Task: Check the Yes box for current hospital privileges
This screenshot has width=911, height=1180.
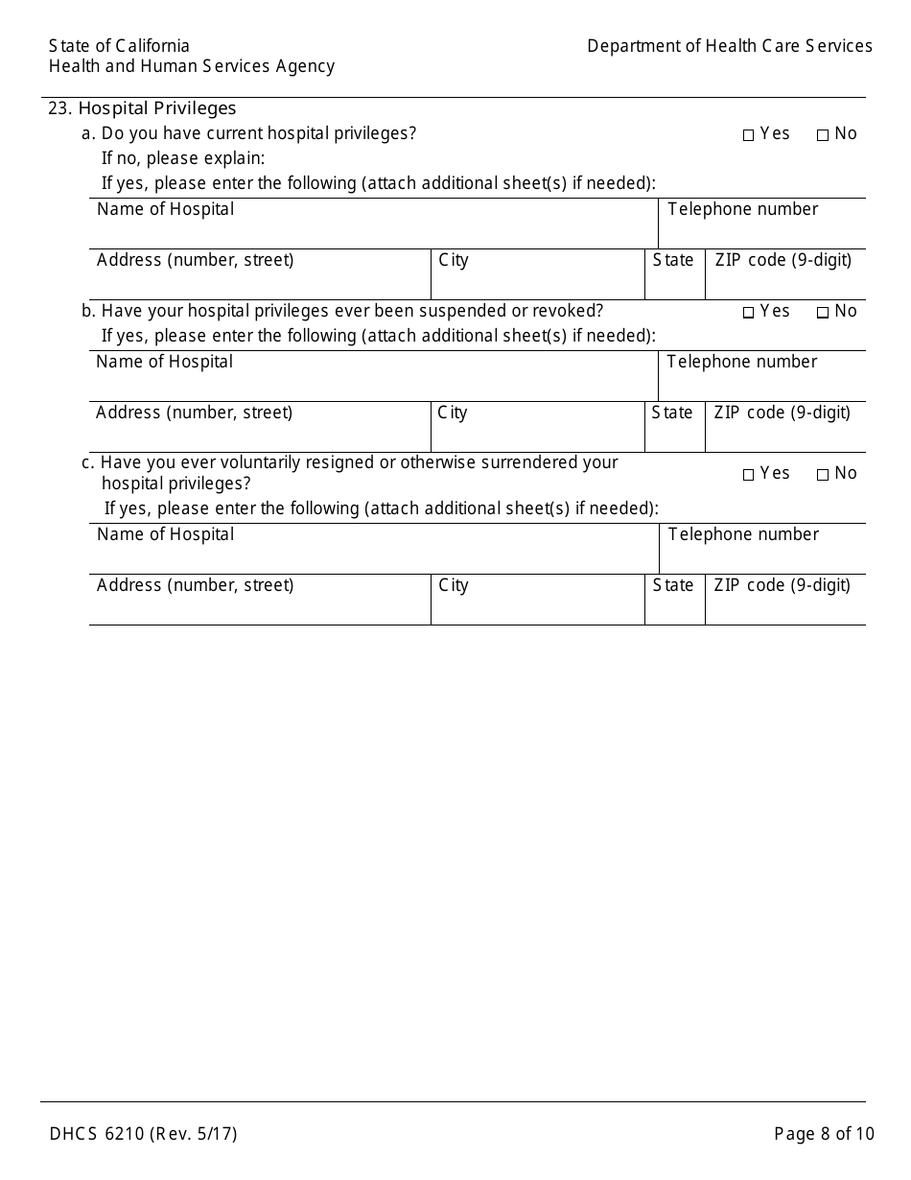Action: pyautogui.click(x=749, y=135)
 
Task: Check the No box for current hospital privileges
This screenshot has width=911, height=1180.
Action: pyautogui.click(x=823, y=135)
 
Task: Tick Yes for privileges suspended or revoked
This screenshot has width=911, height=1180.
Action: pyautogui.click(x=749, y=313)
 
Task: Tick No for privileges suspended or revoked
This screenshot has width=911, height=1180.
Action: pyautogui.click(x=823, y=313)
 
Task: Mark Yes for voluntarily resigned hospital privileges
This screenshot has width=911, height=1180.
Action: pyautogui.click(x=749, y=475)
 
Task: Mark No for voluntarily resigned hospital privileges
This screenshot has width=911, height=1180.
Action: pyautogui.click(x=823, y=475)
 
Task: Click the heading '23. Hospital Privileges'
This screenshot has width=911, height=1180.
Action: pyautogui.click(x=142, y=108)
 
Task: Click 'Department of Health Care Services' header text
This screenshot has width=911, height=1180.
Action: pyautogui.click(x=730, y=46)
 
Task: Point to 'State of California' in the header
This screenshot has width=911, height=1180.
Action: pyautogui.click(x=119, y=46)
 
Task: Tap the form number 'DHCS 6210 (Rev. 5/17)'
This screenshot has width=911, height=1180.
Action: pyautogui.click(x=143, y=1134)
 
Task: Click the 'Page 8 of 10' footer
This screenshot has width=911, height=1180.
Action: pyautogui.click(x=824, y=1134)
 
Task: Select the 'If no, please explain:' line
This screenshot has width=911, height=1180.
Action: pyautogui.click(x=183, y=158)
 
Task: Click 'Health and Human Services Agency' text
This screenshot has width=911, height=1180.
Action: pyautogui.click(x=192, y=66)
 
